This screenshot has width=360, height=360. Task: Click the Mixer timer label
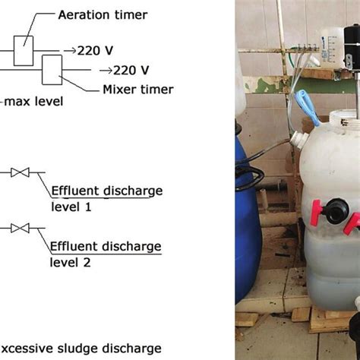[137, 90]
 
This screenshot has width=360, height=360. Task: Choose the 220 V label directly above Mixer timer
[126, 71]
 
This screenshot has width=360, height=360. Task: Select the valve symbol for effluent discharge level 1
[25, 173]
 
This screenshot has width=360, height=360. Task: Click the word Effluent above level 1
[74, 191]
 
